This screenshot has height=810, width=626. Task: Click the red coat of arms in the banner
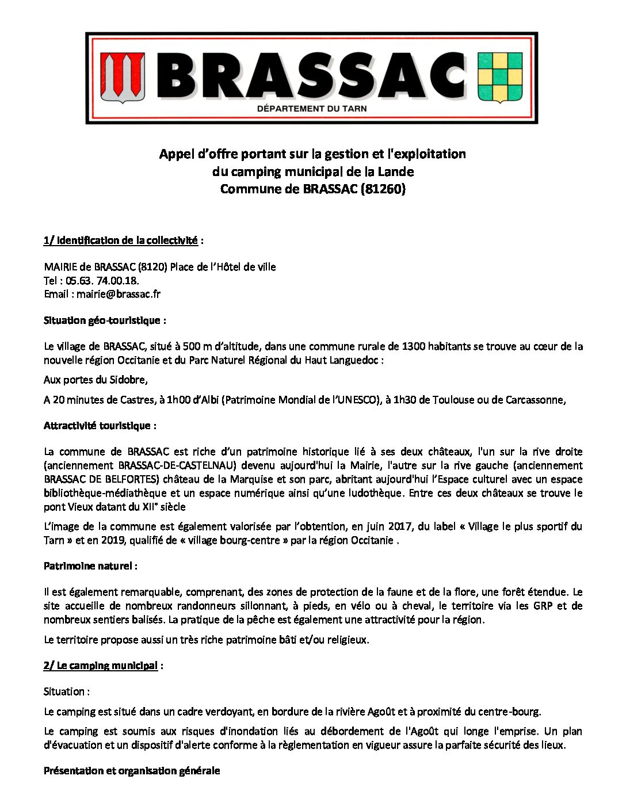[x=123, y=77]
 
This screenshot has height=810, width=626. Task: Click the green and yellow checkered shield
[x=500, y=77]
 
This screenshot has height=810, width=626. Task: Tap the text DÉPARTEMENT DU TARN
[x=311, y=109]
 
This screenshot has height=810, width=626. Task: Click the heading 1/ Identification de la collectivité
[x=120, y=240]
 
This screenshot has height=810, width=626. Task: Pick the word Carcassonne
[x=535, y=400]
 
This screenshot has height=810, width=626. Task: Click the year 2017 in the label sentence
[x=400, y=526]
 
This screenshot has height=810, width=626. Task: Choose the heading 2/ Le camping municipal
[x=101, y=666]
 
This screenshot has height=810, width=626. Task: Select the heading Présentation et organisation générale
[x=132, y=771]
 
